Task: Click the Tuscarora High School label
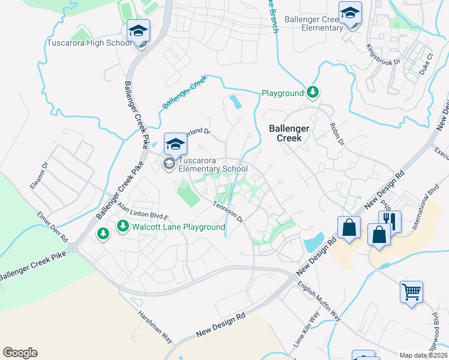89,43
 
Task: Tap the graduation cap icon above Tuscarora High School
138,31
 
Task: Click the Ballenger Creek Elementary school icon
350,13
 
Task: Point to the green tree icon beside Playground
312,92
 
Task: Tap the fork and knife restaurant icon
390,221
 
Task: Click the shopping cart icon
412,292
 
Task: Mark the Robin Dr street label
337,135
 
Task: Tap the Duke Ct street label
426,62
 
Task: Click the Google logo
20,353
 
